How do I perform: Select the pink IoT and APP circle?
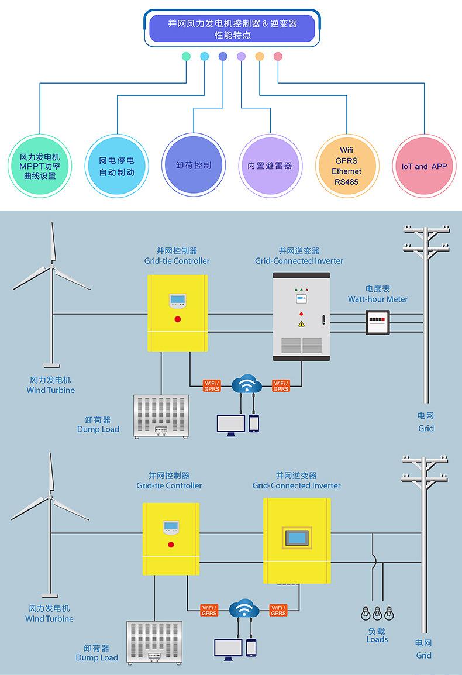point(423,166)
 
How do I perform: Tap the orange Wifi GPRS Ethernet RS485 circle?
point(346,166)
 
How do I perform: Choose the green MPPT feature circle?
point(40,166)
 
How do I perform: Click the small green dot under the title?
point(186,57)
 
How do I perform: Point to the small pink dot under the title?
point(278,57)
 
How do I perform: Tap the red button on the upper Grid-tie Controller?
point(178,319)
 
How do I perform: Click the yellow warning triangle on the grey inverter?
point(301,323)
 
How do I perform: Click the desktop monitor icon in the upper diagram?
point(230,425)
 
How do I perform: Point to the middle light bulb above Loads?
point(377,614)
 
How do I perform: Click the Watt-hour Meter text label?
point(378,299)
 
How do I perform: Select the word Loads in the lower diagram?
point(377,639)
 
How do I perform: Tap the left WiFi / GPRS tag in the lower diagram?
point(209,610)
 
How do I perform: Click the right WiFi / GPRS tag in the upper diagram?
point(281,386)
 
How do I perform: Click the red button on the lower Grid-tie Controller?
point(171,545)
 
